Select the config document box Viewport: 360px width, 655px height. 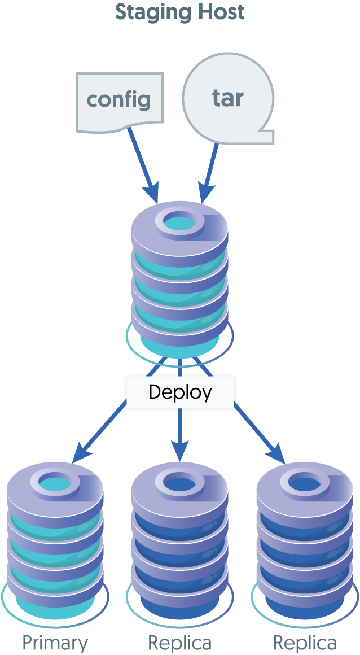(119, 101)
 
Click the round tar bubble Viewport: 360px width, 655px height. (228, 98)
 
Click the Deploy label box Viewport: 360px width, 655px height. (180, 392)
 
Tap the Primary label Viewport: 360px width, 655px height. (55, 643)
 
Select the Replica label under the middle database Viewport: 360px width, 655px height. (180, 643)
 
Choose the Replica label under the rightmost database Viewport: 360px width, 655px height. (305, 643)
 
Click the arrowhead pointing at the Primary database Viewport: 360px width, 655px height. (82, 453)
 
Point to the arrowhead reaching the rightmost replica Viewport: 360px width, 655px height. (277, 453)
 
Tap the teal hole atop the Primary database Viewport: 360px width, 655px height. (55, 483)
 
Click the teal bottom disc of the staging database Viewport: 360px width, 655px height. (180, 345)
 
